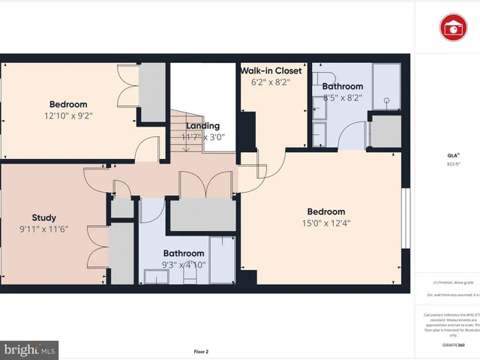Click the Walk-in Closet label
click(271, 71)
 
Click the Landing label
click(203, 126)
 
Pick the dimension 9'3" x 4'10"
click(184, 265)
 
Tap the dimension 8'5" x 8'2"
click(342, 97)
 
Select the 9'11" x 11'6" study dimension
click(43, 230)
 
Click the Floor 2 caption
click(201, 351)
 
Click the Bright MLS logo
click(30, 349)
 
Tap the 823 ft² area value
click(452, 163)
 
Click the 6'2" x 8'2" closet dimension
click(271, 83)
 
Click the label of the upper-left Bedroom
click(68, 104)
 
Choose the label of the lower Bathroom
click(184, 253)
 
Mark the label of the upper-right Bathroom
click(342, 86)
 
